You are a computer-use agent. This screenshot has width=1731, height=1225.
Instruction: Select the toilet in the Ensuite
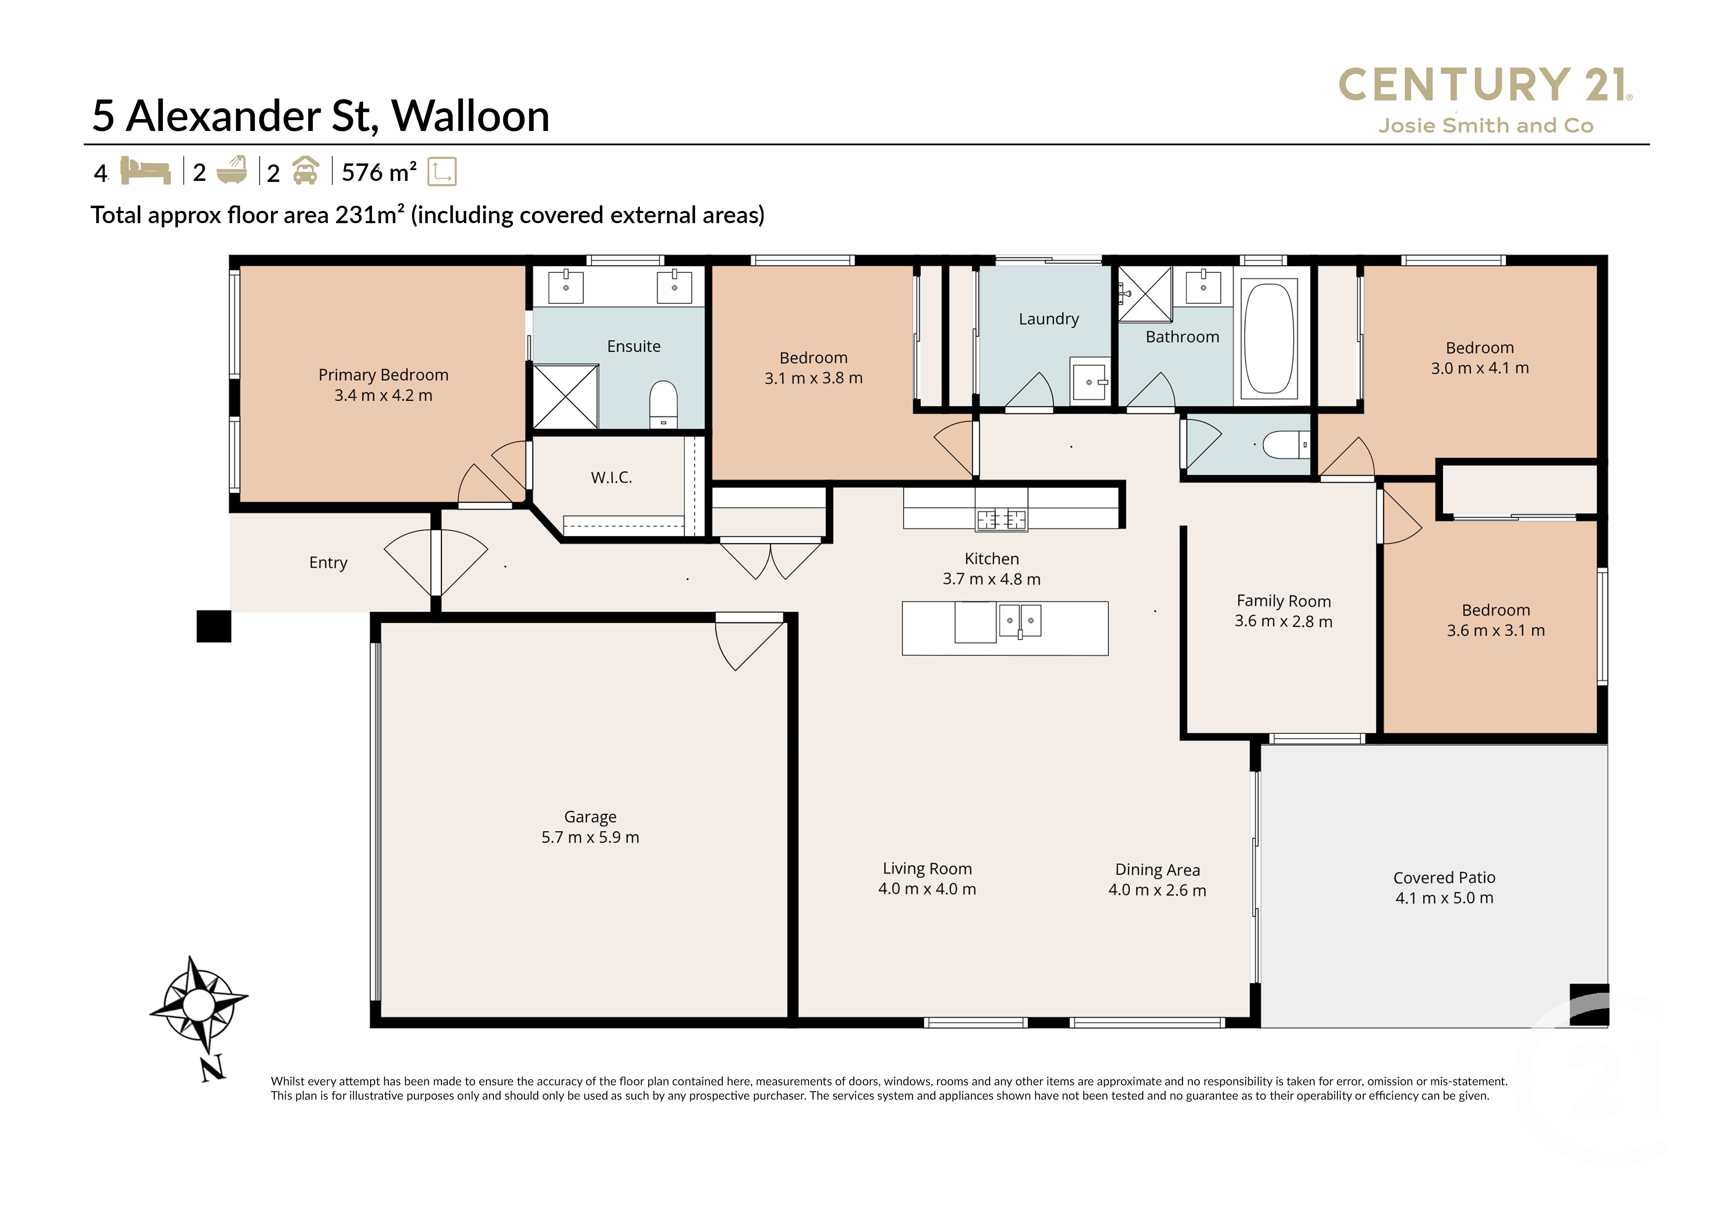pyautogui.click(x=663, y=404)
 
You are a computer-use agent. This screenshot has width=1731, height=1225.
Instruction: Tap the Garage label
pyautogui.click(x=590, y=817)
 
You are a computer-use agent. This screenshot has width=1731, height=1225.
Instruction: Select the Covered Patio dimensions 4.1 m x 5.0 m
pyautogui.click(x=1444, y=898)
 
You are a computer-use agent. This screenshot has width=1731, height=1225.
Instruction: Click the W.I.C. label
pyautogui.click(x=611, y=477)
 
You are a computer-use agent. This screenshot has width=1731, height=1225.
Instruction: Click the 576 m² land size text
pyautogui.click(x=379, y=173)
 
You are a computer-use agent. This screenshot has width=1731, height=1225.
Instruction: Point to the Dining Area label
pyautogui.click(x=1157, y=870)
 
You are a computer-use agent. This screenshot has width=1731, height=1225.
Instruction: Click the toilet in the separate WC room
pyautogui.click(x=1285, y=445)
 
